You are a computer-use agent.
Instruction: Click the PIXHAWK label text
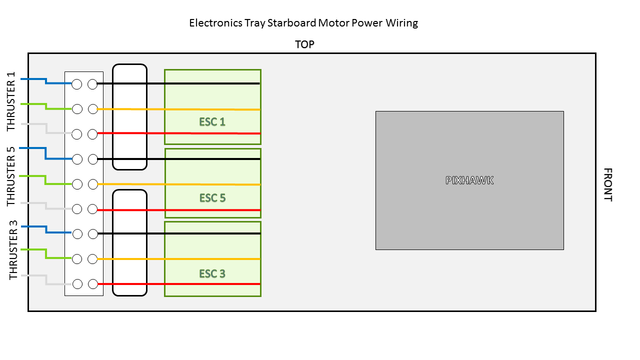pyautogui.click(x=469, y=180)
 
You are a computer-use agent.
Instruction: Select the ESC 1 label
pyautogui.click(x=212, y=122)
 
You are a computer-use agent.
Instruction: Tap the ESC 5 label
pyautogui.click(x=212, y=197)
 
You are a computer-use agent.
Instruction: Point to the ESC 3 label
pyautogui.click(x=212, y=273)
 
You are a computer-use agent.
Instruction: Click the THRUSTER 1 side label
pyautogui.click(x=11, y=101)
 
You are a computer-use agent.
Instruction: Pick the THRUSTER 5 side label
pyautogui.click(x=11, y=176)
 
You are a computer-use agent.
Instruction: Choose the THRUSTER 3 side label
pyautogui.click(x=13, y=250)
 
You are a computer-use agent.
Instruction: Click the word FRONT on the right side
pyautogui.click(x=607, y=184)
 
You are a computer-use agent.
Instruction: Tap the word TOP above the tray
pyautogui.click(x=304, y=44)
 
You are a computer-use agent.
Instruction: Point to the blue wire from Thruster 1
pyautogui.click(x=46, y=81)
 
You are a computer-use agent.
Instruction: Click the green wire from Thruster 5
pyautogui.click(x=45, y=180)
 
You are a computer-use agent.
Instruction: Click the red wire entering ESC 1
pyautogui.click(x=179, y=133)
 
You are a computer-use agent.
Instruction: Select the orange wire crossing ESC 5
pyautogui.click(x=179, y=184)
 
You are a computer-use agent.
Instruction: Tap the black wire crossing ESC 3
pyautogui.click(x=179, y=233)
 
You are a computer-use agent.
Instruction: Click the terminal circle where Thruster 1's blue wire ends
pyautogui.click(x=77, y=84)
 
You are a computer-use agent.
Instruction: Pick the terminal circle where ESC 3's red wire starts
pyautogui.click(x=93, y=284)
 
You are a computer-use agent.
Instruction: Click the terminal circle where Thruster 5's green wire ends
pyautogui.click(x=77, y=184)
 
